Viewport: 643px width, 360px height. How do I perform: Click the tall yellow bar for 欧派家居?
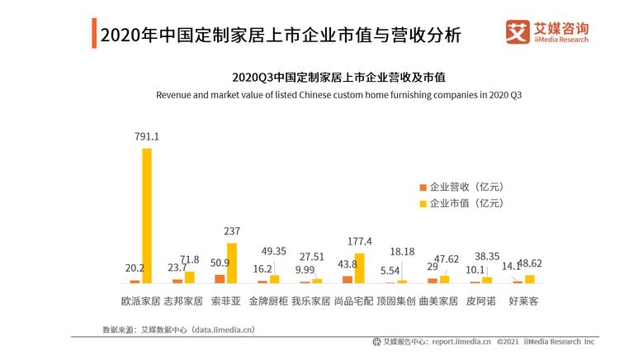(147, 216)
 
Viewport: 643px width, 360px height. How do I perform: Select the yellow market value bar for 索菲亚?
(232, 263)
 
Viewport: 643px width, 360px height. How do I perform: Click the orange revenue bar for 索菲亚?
(220, 279)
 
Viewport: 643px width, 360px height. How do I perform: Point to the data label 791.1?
(147, 137)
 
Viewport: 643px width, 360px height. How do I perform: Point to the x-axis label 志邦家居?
(182, 301)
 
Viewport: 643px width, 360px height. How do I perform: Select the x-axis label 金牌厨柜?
(268, 301)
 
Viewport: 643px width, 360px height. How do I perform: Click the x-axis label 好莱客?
(523, 301)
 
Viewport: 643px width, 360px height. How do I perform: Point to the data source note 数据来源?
(178, 329)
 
